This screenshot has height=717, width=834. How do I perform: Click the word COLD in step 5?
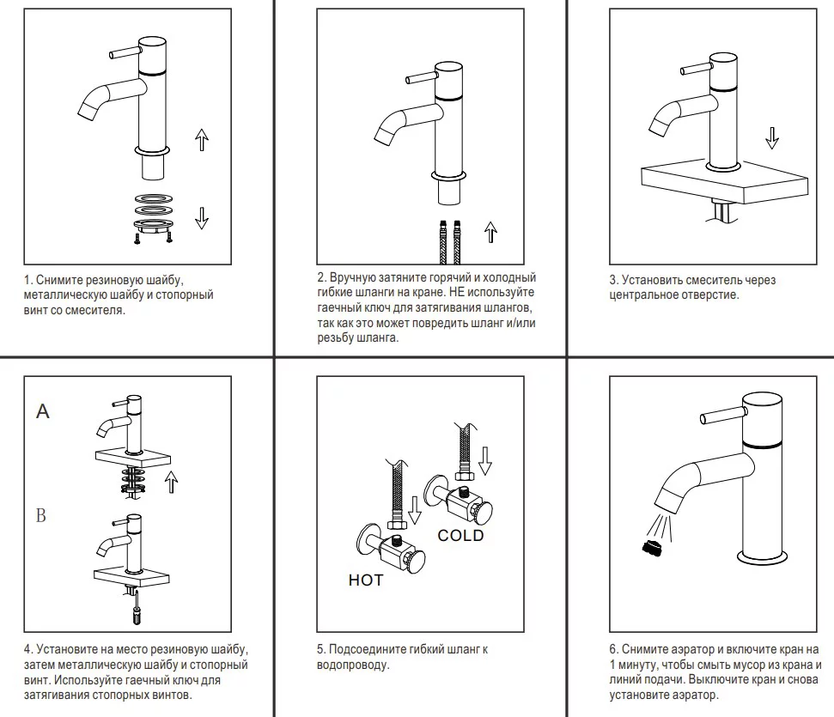[x=460, y=536]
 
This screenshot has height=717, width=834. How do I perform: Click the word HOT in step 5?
[x=365, y=580]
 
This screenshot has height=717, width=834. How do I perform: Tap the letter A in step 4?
[x=43, y=412]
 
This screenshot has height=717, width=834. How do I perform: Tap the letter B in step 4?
[x=40, y=516]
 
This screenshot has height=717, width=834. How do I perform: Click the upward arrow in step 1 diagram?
[x=202, y=138]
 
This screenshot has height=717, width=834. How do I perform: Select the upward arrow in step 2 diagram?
[x=491, y=232]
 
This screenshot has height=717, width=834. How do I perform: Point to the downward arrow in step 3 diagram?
[x=772, y=137]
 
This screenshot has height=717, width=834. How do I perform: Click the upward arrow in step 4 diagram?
[x=172, y=482]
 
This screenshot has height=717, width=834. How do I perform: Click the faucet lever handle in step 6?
[x=720, y=419]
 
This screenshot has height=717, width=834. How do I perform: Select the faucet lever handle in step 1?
[x=125, y=53]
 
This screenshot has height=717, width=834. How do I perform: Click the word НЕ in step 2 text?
[x=457, y=293]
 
